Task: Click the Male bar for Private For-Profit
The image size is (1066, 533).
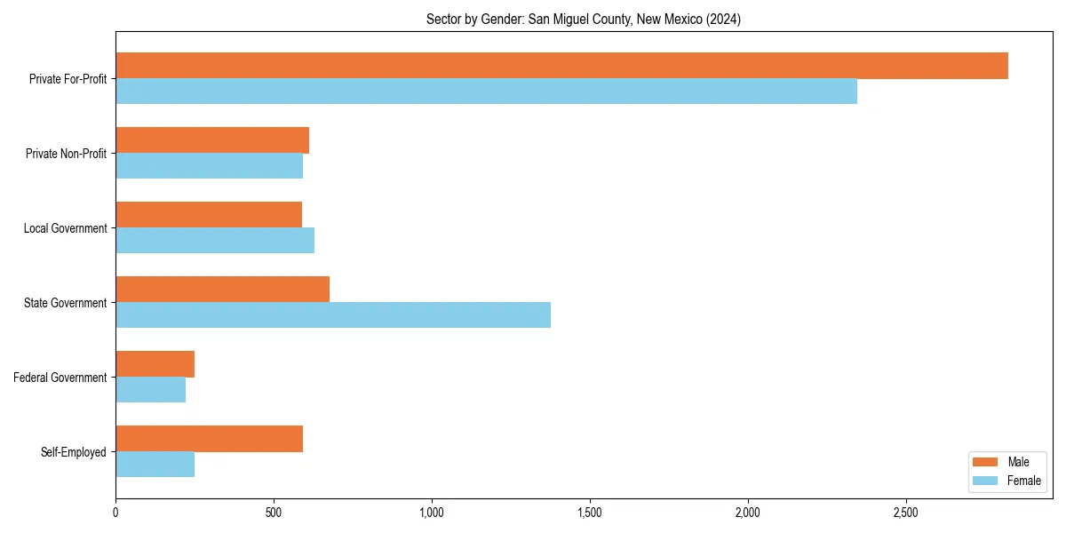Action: pyautogui.click(x=561, y=66)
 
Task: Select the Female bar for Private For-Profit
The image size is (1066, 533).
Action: pyautogui.click(x=486, y=91)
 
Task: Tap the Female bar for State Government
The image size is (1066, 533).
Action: pyautogui.click(x=333, y=315)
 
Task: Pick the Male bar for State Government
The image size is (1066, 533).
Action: pyautogui.click(x=222, y=290)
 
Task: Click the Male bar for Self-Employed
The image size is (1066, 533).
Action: pyautogui.click(x=209, y=439)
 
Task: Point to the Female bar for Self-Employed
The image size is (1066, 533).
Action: pyautogui.click(x=155, y=465)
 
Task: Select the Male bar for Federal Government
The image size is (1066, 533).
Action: pyautogui.click(x=155, y=364)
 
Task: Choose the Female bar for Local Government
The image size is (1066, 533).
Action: pyautogui.click(x=215, y=241)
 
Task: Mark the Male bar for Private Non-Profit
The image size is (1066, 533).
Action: pyautogui.click(x=212, y=140)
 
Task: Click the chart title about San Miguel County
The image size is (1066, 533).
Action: pyautogui.click(x=583, y=20)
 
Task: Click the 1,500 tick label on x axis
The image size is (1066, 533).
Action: pyautogui.click(x=590, y=513)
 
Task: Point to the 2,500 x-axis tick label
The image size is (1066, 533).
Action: pyautogui.click(x=906, y=513)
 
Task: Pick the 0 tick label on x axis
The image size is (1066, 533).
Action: pyautogui.click(x=115, y=513)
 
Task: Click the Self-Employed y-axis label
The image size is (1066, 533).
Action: pyautogui.click(x=74, y=452)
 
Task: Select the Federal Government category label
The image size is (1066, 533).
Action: pyautogui.click(x=60, y=378)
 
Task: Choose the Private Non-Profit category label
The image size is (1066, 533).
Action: pyautogui.click(x=66, y=154)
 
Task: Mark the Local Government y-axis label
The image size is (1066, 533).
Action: pyautogui.click(x=66, y=228)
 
